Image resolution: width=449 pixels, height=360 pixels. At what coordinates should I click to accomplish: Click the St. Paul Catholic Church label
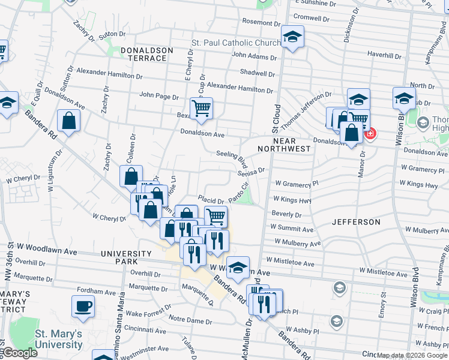(235, 43)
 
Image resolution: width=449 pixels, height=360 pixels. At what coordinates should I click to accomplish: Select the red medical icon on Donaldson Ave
(370, 133)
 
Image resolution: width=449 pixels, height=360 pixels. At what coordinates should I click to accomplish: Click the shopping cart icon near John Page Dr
(202, 109)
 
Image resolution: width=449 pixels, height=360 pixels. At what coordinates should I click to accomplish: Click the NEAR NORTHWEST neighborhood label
(284, 144)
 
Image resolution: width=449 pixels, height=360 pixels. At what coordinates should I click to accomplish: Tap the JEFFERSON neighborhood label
(356, 222)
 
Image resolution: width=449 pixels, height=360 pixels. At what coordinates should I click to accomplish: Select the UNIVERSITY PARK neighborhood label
(127, 257)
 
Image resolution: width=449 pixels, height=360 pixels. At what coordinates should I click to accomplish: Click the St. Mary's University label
(58, 339)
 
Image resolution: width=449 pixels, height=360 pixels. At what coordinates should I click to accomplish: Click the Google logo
(20, 353)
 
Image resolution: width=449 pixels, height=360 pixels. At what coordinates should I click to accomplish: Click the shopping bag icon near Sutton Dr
(70, 121)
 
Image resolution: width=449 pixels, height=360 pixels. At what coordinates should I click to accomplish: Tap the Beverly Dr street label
(286, 214)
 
